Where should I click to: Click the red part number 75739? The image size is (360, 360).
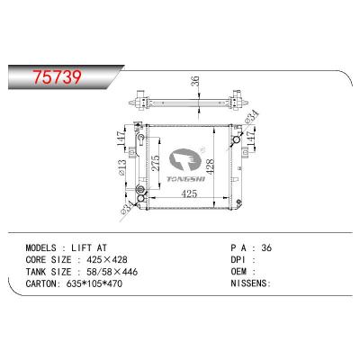coord(58,76)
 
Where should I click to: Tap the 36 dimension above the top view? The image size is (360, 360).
coord(195,82)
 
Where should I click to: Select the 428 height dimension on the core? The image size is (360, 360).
coord(211,166)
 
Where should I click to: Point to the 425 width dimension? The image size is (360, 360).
coord(190,194)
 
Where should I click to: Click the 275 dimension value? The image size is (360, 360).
coord(157,163)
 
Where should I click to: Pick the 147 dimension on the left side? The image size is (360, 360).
coord(121,139)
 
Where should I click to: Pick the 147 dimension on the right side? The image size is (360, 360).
coord(251,139)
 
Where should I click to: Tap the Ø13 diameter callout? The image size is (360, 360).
coord(122,167)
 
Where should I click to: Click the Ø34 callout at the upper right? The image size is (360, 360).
coord(251,117)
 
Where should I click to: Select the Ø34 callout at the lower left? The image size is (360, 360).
coord(127,208)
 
